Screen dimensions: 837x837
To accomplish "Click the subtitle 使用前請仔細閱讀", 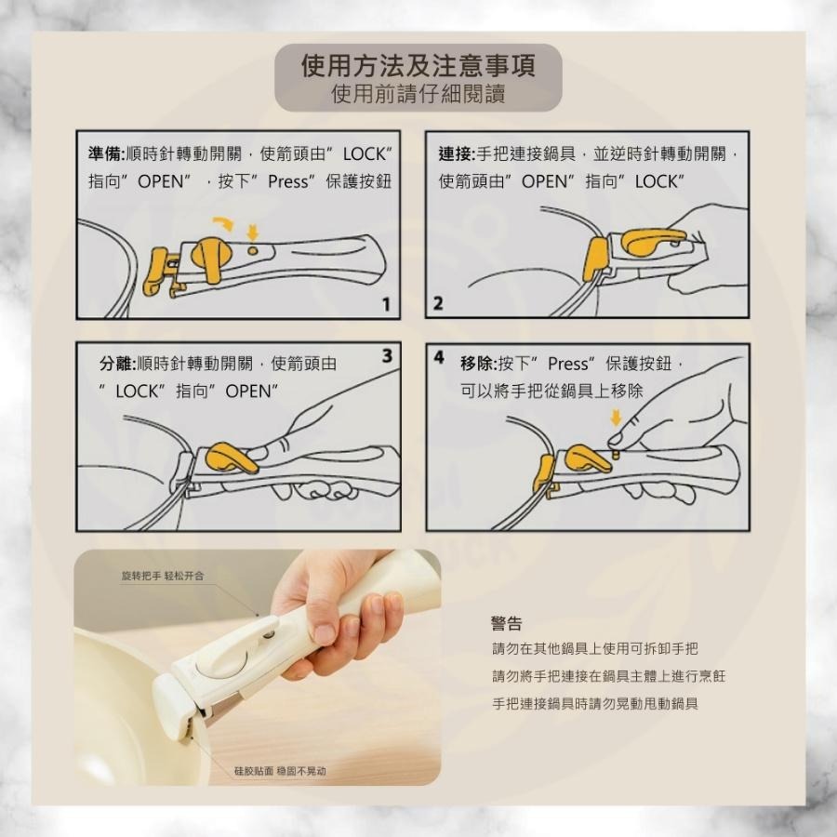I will pos(418,94).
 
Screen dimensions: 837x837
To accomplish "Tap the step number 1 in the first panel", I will pos(385,305).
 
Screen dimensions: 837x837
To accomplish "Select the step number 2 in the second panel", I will pos(438,304).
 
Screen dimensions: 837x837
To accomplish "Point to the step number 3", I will pos(386,355).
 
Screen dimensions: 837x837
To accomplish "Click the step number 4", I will pos(438,356).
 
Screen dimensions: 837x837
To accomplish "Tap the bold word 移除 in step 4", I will pos(478,364).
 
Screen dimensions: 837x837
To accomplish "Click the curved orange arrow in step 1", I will pos(224,222).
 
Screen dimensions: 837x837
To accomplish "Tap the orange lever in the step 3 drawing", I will pos(231,458).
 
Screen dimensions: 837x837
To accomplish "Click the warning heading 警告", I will pos(506,623).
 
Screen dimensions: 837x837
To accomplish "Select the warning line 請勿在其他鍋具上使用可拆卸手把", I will pos(594,648).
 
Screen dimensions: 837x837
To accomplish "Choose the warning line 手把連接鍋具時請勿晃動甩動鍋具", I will pos(594,703).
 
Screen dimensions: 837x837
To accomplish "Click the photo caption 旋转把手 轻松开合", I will pos(163,577).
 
